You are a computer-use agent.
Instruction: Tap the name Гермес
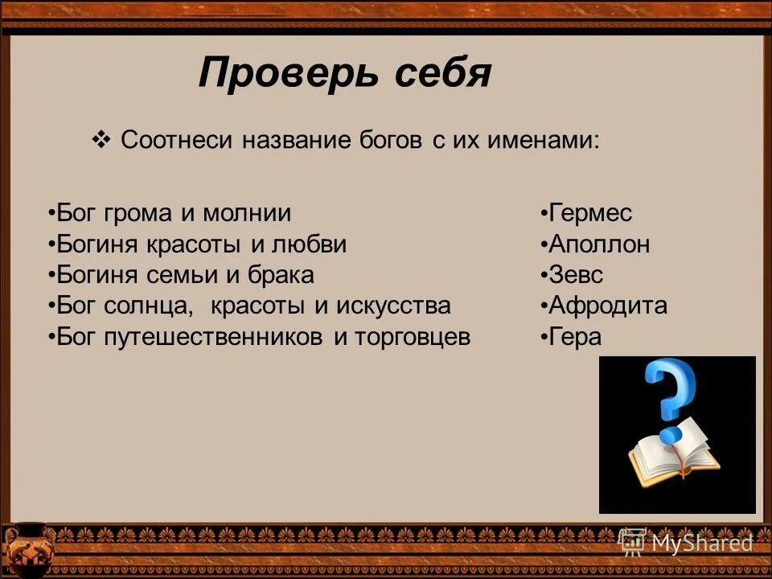coord(590,214)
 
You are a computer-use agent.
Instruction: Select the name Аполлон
coord(599,244)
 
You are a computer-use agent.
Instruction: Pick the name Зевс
coord(576,275)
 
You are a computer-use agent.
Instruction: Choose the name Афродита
coord(608,306)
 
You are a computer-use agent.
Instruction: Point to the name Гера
coord(575,336)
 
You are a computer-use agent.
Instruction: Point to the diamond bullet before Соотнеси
coord(101,140)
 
